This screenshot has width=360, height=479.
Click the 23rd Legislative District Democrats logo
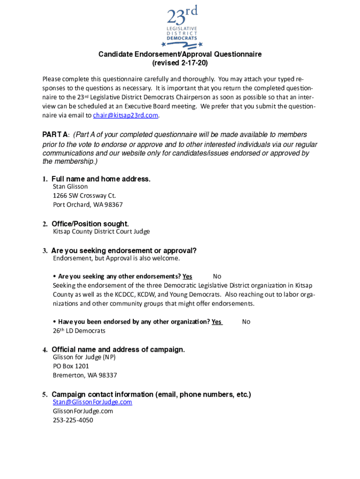pos(180,27)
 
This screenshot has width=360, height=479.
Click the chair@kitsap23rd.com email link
pos(126,116)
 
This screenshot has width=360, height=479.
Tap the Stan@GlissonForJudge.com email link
pos(93,402)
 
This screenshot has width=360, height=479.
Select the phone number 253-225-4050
pos(73,420)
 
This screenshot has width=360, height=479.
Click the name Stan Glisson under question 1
pos(70,186)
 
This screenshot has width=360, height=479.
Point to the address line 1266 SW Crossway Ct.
pos(84,196)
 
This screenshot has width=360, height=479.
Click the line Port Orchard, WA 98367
pos(88,204)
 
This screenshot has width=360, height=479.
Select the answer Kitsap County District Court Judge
pos(101,232)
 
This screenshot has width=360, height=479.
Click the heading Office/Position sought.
pos(90,224)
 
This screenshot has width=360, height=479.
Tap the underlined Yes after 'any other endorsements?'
pos(187,276)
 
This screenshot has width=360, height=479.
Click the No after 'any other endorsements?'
pos(217,276)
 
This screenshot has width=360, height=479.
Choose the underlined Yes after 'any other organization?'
pos(216,322)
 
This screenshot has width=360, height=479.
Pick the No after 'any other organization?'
pos(246,322)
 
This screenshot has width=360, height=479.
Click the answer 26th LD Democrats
pos(79,331)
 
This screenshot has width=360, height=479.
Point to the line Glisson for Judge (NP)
pos(84,357)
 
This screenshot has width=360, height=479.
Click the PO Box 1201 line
pos(71,366)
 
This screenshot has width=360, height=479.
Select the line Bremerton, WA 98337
pos(85,375)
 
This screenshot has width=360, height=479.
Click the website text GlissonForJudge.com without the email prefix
pos(83,411)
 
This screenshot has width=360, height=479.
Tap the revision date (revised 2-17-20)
pos(180,63)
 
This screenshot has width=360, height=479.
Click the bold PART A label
pos(56,135)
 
